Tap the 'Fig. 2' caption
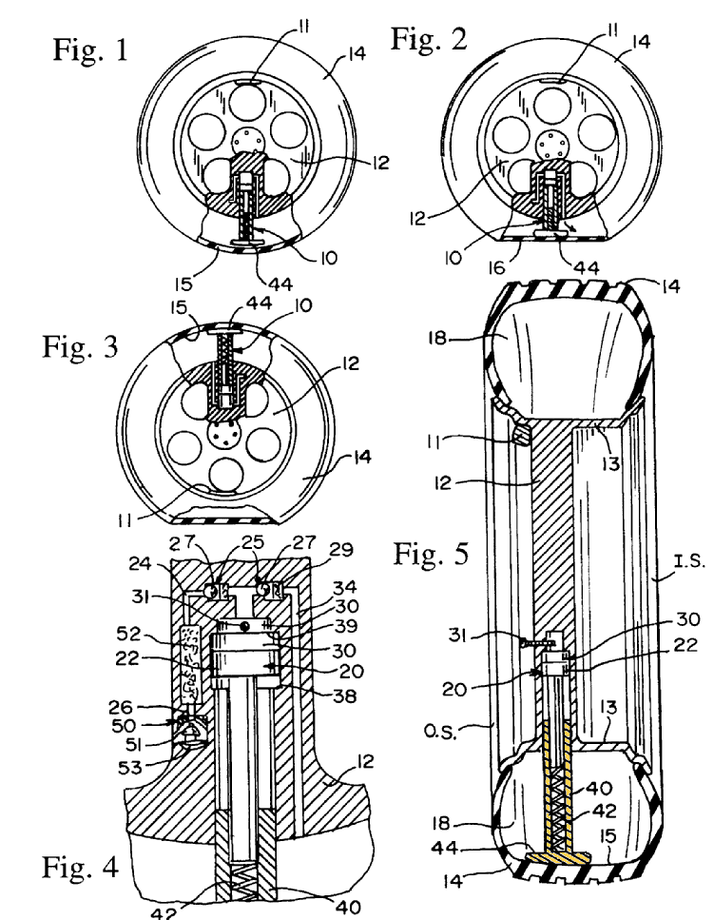pyautogui.click(x=429, y=38)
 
